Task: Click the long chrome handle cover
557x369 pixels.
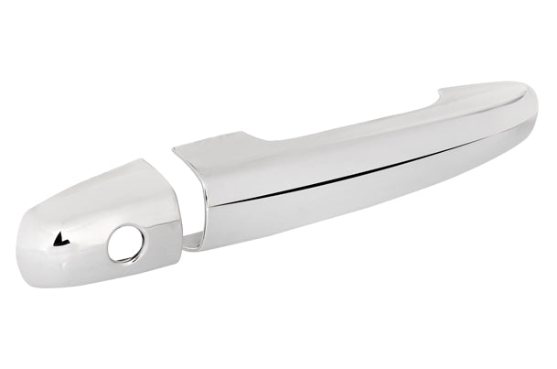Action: coord(366,174)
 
